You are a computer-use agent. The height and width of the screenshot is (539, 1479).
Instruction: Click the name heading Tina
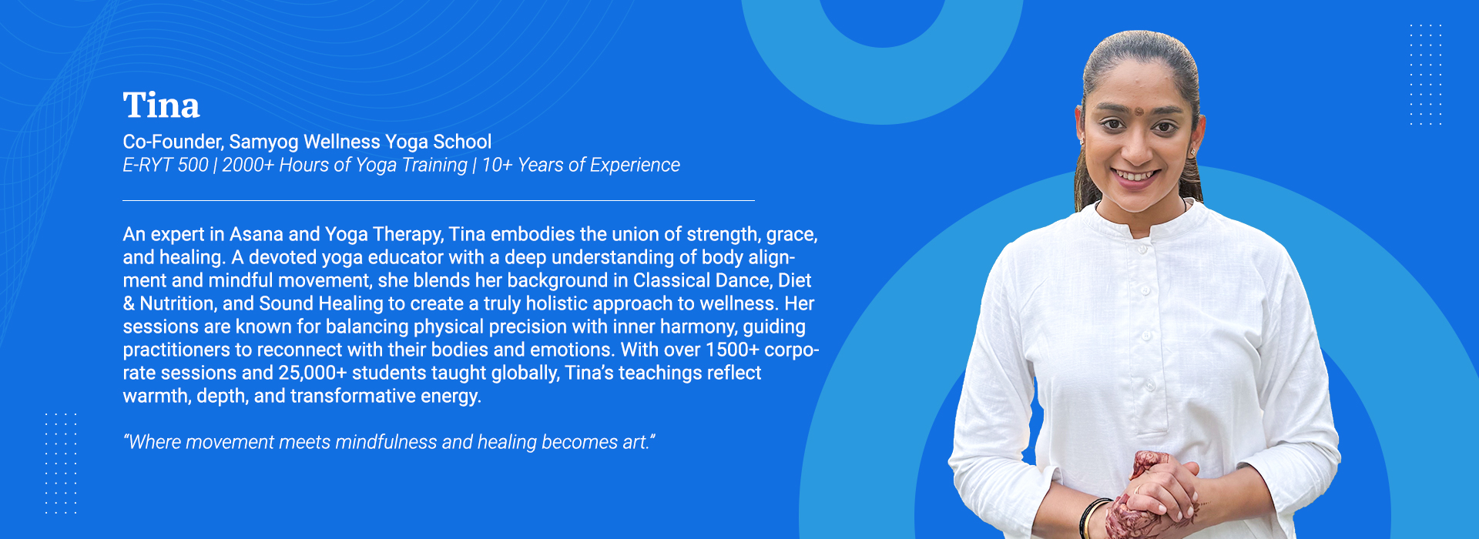pyautogui.click(x=161, y=105)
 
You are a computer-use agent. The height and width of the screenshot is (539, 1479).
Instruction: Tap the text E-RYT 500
pyautogui.click(x=166, y=165)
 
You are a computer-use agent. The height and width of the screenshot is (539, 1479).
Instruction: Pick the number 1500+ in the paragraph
pyautogui.click(x=733, y=350)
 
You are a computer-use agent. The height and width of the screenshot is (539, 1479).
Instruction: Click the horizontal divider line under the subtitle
pyautogui.click(x=438, y=200)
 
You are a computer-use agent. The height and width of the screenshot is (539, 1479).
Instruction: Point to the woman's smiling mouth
pyautogui.click(x=1135, y=176)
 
